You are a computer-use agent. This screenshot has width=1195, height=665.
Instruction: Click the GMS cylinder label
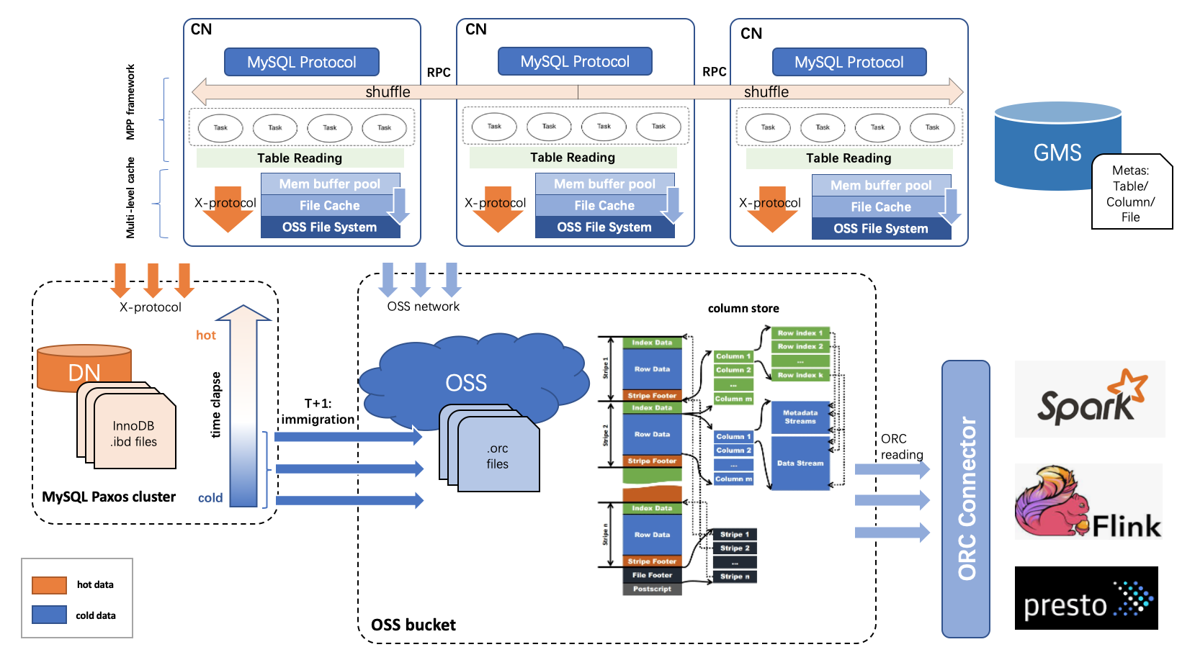click(1057, 153)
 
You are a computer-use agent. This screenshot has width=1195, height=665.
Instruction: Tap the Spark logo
click(1090, 399)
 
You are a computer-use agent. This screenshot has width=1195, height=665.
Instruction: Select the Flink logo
click(1088, 502)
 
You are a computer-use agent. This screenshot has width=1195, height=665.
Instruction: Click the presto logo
click(1086, 598)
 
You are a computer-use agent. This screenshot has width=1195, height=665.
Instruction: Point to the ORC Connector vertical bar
click(966, 499)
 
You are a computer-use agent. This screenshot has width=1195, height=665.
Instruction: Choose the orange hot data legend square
click(49, 585)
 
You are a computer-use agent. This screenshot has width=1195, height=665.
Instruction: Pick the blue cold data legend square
click(49, 615)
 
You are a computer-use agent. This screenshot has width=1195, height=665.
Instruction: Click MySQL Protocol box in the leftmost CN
click(301, 63)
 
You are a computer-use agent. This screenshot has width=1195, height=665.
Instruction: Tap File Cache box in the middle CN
click(604, 206)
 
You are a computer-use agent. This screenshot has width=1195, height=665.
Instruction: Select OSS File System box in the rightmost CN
click(880, 229)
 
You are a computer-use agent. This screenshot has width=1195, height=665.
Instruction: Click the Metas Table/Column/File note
click(1130, 194)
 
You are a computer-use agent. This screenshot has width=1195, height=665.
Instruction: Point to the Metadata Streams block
click(800, 417)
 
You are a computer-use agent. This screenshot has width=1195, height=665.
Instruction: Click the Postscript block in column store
click(652, 589)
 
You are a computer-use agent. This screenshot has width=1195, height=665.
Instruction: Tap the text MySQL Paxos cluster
click(109, 497)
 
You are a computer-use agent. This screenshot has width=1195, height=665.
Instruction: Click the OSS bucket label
click(413, 625)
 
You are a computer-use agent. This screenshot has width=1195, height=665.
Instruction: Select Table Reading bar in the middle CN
click(573, 158)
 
